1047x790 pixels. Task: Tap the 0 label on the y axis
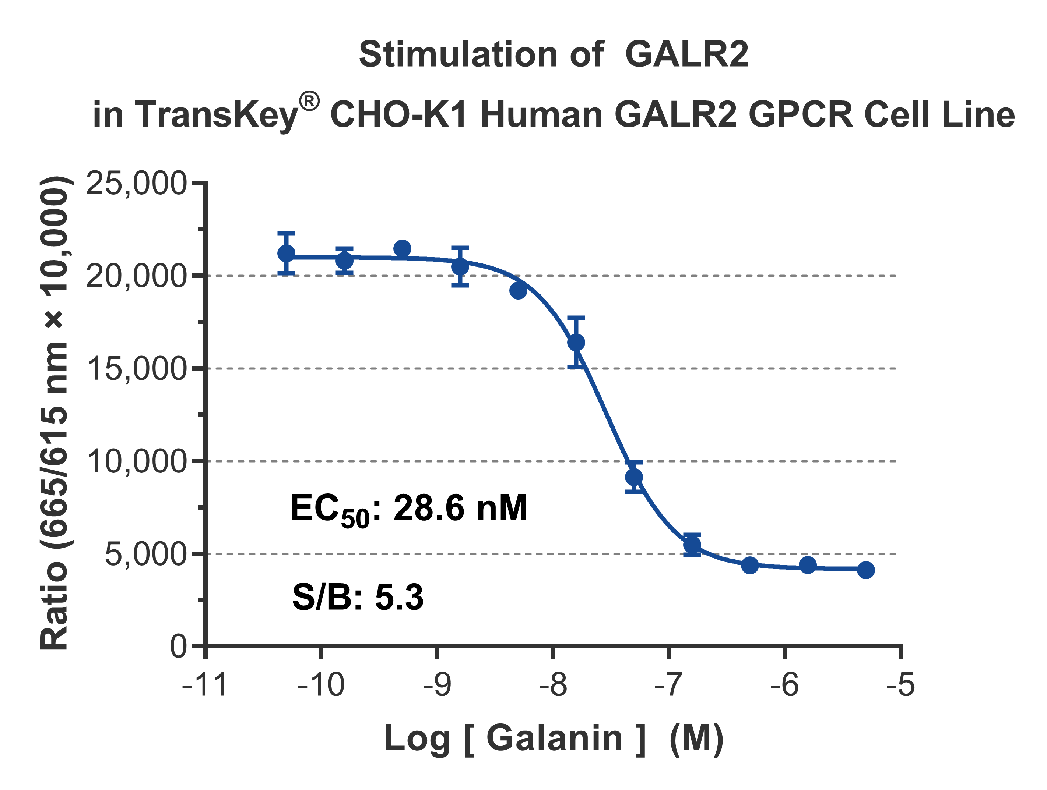pos(179,646)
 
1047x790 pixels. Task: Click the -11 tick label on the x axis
pos(204,685)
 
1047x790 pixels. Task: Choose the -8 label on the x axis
pos(552,685)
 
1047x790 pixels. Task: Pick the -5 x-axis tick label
pos(900,685)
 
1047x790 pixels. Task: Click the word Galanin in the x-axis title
pos(554,738)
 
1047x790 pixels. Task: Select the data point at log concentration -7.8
pos(576,342)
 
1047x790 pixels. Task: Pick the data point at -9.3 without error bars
pos(402,248)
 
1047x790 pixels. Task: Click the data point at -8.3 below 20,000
pos(518,290)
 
